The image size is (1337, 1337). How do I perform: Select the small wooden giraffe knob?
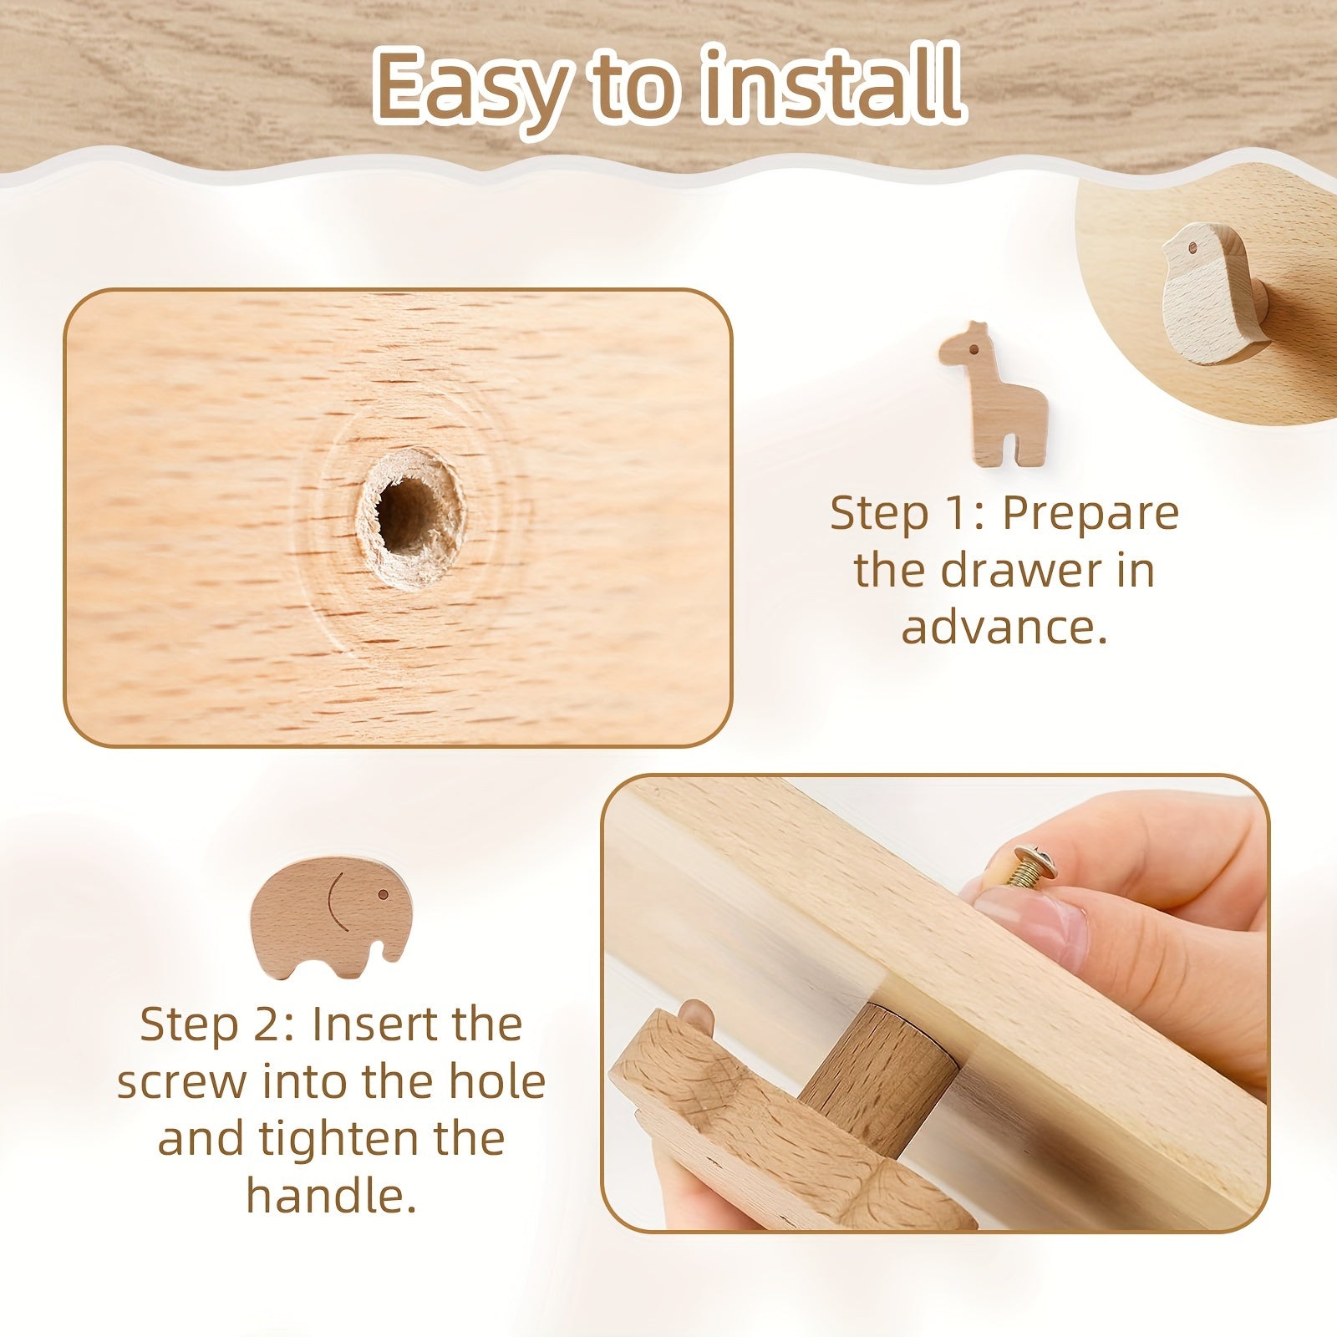(992, 393)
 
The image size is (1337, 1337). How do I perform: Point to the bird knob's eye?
(1191, 248)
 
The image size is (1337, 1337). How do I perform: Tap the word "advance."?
(1004, 627)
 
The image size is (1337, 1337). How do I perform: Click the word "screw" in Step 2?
(182, 1083)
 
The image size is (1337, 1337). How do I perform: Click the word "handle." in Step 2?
(331, 1196)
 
